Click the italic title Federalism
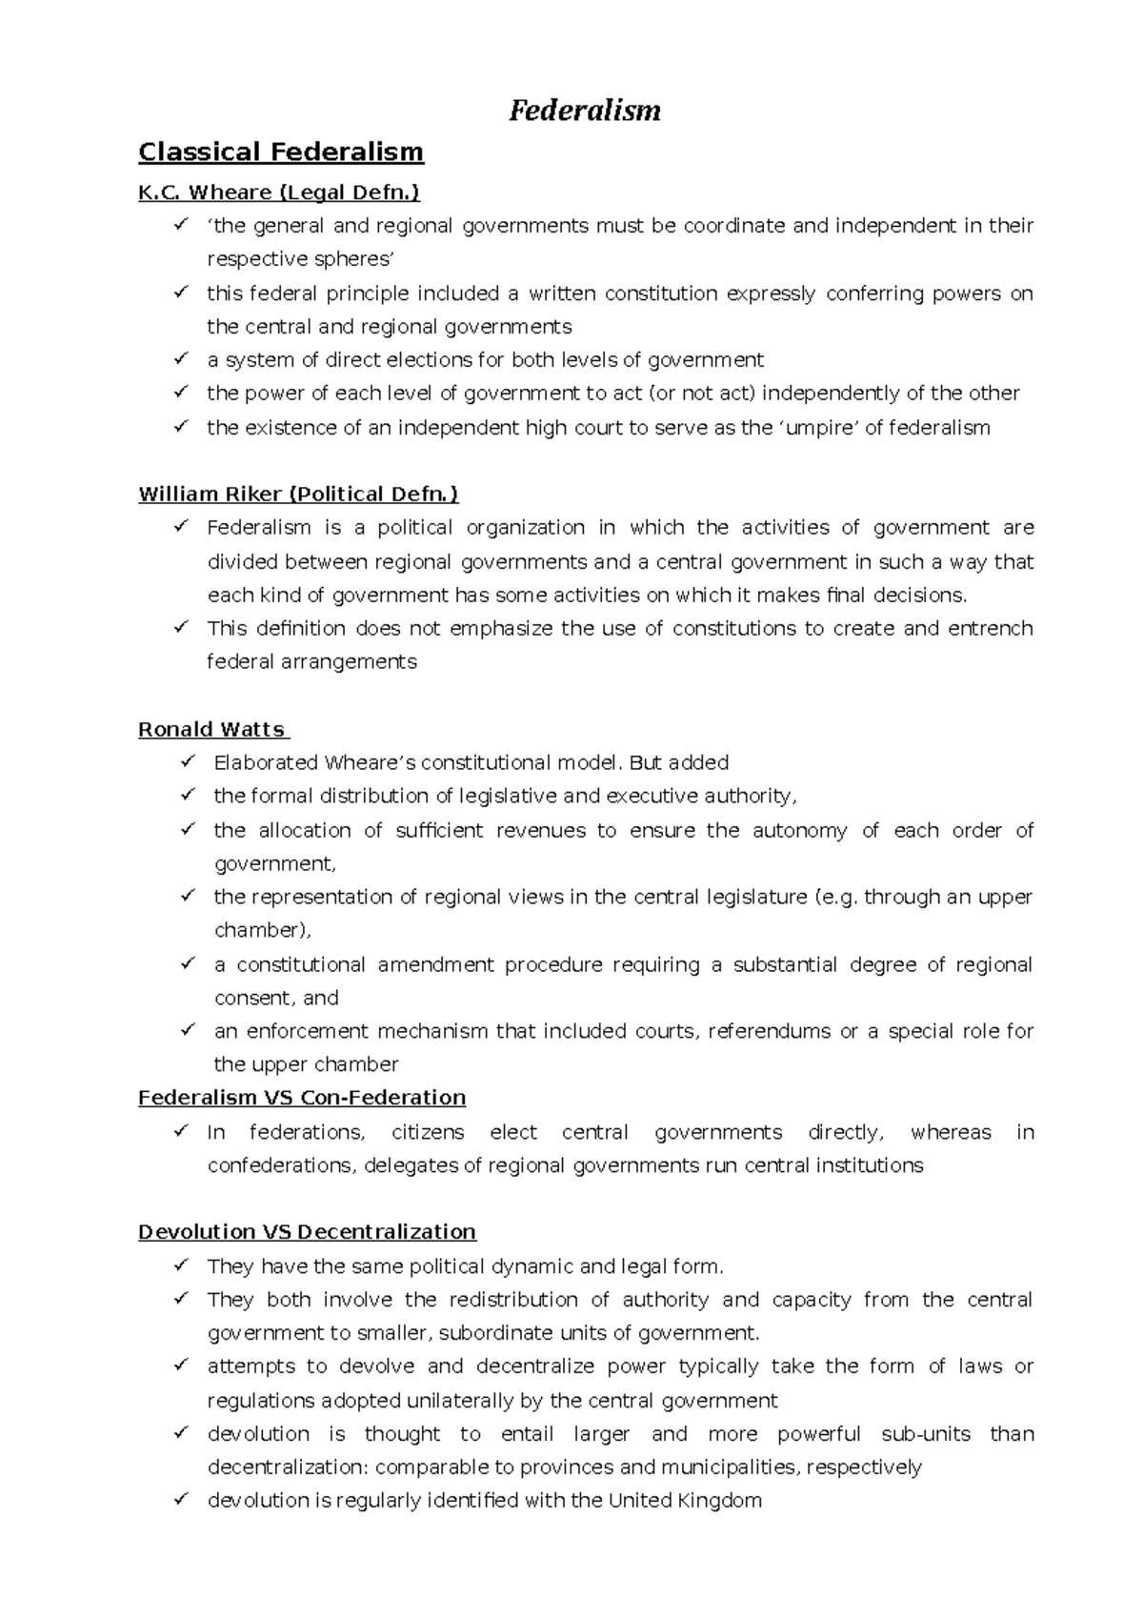(584, 111)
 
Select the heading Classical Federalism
(280, 152)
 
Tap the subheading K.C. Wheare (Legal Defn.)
(278, 192)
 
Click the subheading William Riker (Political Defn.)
(298, 494)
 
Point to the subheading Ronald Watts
(211, 729)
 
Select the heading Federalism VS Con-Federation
(302, 1098)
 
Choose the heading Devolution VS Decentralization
(307, 1232)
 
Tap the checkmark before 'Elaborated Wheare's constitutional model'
(188, 761)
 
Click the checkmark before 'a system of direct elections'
(181, 359)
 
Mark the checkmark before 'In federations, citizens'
(181, 1131)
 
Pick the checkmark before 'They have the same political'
(181, 1265)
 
